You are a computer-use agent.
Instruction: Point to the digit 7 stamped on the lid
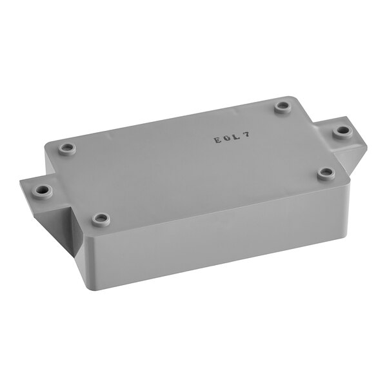coord(246,135)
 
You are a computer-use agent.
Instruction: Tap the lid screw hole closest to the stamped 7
coord(282,106)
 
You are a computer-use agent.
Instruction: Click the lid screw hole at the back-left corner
coord(67,149)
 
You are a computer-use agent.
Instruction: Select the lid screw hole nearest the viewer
coord(101,219)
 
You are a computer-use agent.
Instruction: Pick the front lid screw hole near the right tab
coord(327,173)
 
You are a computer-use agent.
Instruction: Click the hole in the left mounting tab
coord(42,191)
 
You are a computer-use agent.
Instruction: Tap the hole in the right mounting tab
coord(342,132)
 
